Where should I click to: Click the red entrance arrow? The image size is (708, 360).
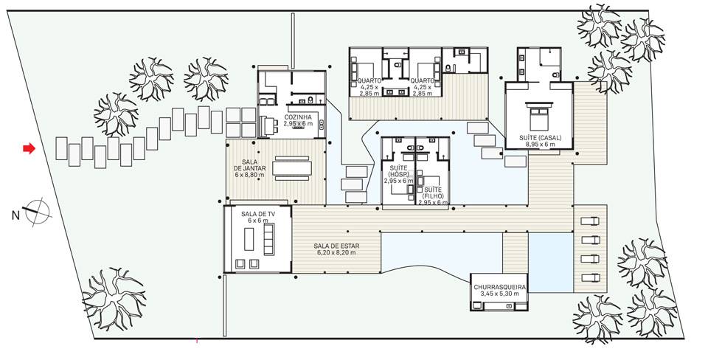pyautogui.click(x=29, y=148)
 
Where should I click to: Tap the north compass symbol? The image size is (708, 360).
pyautogui.click(x=37, y=212)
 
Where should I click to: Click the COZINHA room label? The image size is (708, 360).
pyautogui.click(x=297, y=117)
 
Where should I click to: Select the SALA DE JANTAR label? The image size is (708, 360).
pyautogui.click(x=250, y=165)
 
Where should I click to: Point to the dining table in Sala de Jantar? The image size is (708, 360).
pyautogui.click(x=292, y=168)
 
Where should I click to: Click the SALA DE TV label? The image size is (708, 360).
pyautogui.click(x=258, y=214)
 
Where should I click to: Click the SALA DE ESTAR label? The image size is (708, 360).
pyautogui.click(x=336, y=246)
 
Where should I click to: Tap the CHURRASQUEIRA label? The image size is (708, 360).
pyautogui.click(x=499, y=287)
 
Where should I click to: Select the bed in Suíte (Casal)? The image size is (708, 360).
pyautogui.click(x=538, y=116)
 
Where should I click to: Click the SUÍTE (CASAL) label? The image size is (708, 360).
pyautogui.click(x=540, y=138)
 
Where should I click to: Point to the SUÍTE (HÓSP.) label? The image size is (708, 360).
pyautogui.click(x=398, y=172)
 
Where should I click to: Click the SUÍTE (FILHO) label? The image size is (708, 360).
pyautogui.click(x=433, y=193)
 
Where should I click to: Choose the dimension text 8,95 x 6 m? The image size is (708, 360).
pyautogui.click(x=540, y=145)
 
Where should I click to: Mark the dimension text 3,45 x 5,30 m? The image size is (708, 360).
pyautogui.click(x=499, y=294)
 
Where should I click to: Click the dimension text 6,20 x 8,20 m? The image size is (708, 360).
pyautogui.click(x=336, y=252)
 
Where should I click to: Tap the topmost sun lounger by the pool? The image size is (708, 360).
pyautogui.click(x=590, y=221)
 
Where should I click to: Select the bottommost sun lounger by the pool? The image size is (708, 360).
pyautogui.click(x=590, y=277)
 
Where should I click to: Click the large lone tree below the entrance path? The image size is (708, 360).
pyautogui.click(x=114, y=299)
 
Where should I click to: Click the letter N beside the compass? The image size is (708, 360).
pyautogui.click(x=15, y=216)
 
